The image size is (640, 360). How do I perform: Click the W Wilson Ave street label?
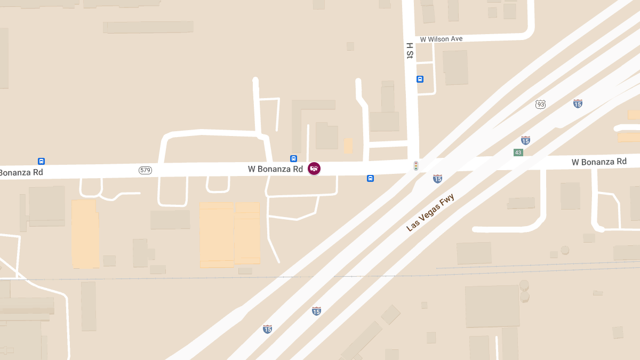pos(441,39)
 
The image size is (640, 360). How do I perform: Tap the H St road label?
pos(410,51)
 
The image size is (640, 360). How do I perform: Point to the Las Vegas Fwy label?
pos(430,213)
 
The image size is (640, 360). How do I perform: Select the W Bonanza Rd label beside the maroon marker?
pos(275,169)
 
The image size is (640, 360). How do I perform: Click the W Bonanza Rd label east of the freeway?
pos(599,162)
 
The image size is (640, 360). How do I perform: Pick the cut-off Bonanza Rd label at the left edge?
pos(21,172)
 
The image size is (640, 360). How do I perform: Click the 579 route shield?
pos(145,170)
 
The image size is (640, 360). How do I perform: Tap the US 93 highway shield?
pos(541,104)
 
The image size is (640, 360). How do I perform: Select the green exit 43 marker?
pos(518,153)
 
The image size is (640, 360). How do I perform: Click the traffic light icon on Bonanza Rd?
pos(416,166)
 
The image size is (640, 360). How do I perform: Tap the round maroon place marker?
pos(314,169)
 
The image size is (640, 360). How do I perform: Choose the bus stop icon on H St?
pos(420,79)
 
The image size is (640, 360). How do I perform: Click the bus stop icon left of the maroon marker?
pos(293,158)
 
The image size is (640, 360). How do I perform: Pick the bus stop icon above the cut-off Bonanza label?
pos(41,161)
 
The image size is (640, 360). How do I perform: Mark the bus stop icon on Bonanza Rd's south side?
pos(370,178)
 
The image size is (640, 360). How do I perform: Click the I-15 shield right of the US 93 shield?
pos(578,103)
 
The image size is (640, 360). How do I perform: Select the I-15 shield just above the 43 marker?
pos(525,140)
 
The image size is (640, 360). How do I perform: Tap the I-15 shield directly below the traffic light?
pos(437,179)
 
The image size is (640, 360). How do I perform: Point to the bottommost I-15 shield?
pos(267,329)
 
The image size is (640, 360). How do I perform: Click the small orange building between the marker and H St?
pos(348,146)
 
